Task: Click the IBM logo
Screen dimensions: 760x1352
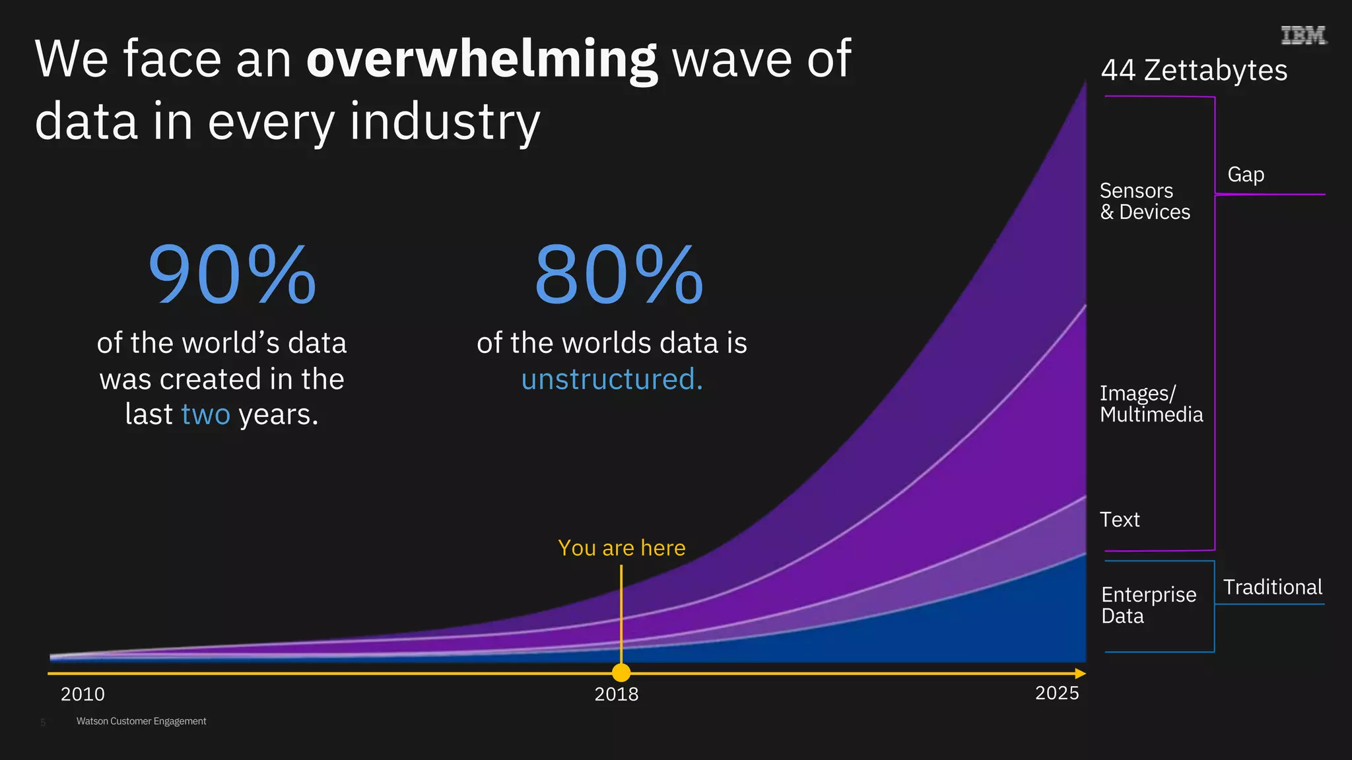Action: click(x=1303, y=35)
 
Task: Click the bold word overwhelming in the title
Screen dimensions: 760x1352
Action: click(x=481, y=60)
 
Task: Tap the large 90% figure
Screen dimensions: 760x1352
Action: click(x=232, y=274)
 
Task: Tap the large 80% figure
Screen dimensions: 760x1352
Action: click(x=619, y=274)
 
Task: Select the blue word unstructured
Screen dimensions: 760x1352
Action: click(x=612, y=379)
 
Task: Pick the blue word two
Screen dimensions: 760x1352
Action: click(x=205, y=414)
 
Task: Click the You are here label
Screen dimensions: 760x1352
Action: click(x=621, y=548)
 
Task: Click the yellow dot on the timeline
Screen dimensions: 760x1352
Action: click(x=621, y=673)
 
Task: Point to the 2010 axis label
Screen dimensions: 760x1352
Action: click(x=83, y=694)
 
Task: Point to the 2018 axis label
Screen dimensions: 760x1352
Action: click(x=616, y=694)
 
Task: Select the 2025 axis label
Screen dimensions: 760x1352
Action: click(x=1057, y=693)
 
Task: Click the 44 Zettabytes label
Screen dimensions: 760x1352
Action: click(x=1194, y=70)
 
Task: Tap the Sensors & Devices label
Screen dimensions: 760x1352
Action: click(x=1144, y=201)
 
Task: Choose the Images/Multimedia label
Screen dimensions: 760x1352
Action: click(x=1151, y=404)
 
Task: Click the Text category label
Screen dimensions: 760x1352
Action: click(x=1120, y=520)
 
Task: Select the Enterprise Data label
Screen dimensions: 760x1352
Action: click(x=1148, y=605)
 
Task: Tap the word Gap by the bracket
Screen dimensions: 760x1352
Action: click(x=1246, y=175)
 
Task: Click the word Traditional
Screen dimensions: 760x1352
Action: click(x=1272, y=587)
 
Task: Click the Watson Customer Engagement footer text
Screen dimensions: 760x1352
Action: click(x=141, y=721)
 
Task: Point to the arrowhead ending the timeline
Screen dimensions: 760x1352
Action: click(x=1080, y=673)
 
